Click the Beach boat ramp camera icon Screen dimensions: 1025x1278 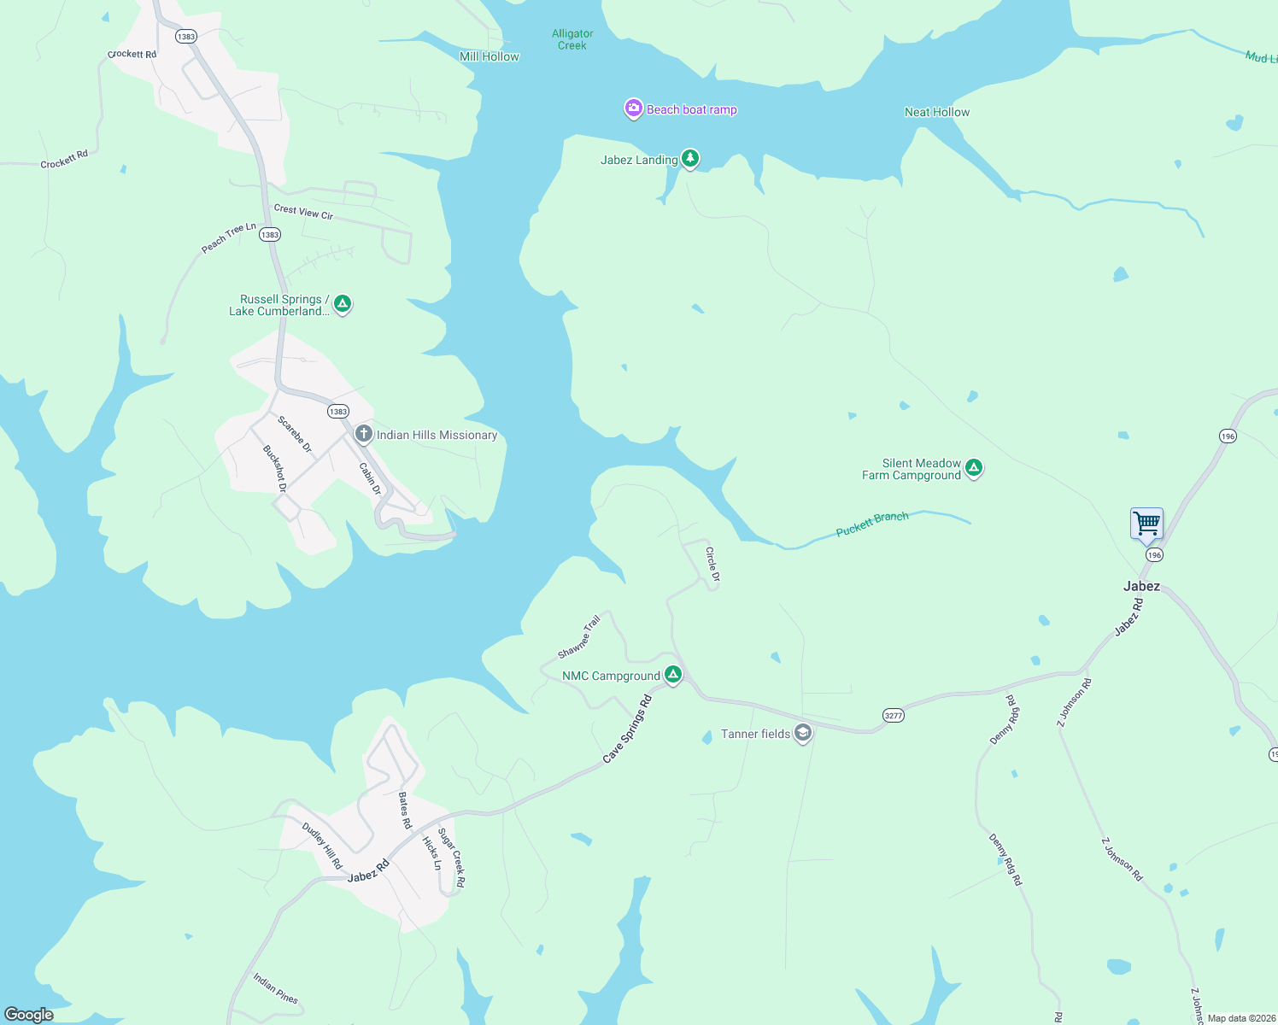(633, 108)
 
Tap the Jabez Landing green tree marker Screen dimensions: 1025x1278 (690, 159)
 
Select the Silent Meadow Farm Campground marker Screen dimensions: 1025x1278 (974, 468)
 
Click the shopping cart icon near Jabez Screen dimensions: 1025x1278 (1146, 523)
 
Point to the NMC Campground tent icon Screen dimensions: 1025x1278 (673, 676)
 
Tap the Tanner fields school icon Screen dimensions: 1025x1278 (802, 734)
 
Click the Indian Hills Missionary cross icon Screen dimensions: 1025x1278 (364, 435)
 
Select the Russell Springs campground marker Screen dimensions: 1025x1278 (343, 304)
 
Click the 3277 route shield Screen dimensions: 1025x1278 (893, 716)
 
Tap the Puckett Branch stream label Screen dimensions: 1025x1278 (871, 524)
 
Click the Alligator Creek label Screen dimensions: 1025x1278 (572, 39)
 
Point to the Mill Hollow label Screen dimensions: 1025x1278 (489, 56)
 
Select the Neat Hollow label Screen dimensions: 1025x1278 (937, 112)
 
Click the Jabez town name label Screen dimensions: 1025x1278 (1141, 586)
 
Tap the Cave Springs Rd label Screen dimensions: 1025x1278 (627, 729)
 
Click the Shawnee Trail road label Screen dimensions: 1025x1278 (579, 637)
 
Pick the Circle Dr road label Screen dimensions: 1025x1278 (712, 565)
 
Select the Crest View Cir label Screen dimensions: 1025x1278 (303, 212)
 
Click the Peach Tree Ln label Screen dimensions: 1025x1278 (228, 238)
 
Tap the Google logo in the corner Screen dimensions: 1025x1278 (29, 1014)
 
